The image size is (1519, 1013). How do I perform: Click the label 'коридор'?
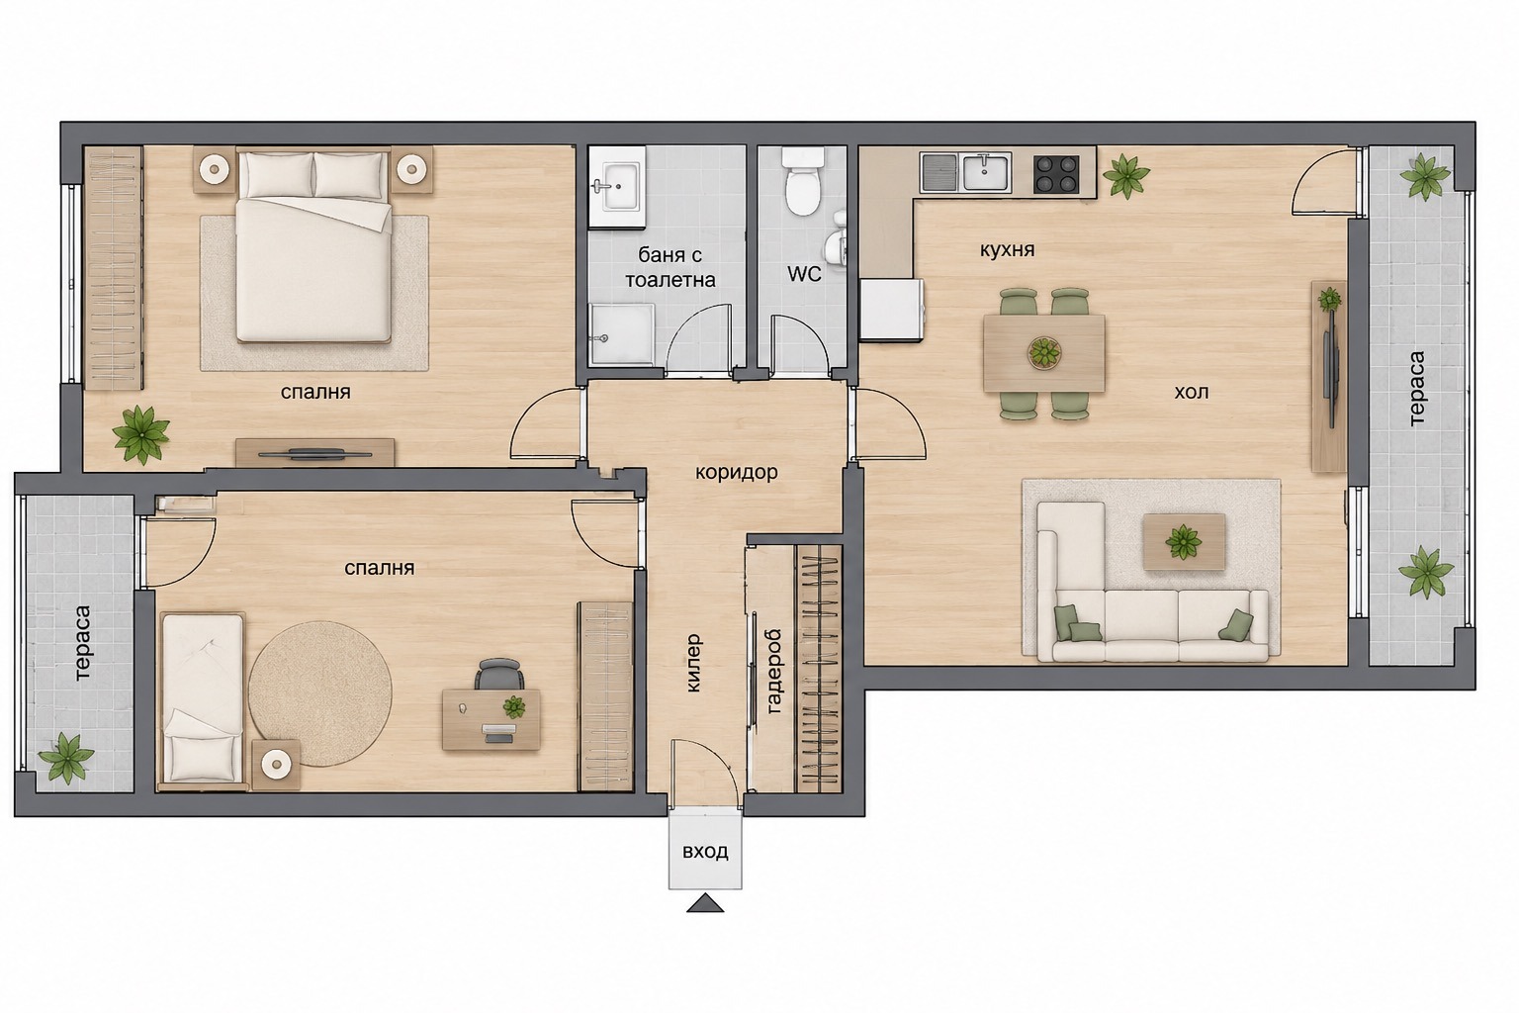737,472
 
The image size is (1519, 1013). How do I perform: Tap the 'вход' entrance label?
705,851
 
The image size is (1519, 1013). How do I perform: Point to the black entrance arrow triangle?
705,903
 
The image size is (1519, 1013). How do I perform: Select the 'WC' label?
804,274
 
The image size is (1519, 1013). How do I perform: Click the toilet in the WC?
803,180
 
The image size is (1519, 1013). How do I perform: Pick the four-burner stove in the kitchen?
1056,174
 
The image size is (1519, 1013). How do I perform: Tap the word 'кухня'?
1007,250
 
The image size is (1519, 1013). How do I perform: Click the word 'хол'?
1192,392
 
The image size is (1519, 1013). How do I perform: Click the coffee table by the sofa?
1184,541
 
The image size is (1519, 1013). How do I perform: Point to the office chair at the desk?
499,675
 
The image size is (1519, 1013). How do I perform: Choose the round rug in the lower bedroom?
320,694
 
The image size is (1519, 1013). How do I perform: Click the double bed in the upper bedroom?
313,247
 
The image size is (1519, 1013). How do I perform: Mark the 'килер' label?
693,663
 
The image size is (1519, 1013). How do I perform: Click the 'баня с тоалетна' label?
670,267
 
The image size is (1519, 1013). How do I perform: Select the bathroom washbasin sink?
616,186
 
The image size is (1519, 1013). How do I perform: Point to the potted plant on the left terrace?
66,757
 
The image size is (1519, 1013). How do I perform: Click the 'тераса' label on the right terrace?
1416,388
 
